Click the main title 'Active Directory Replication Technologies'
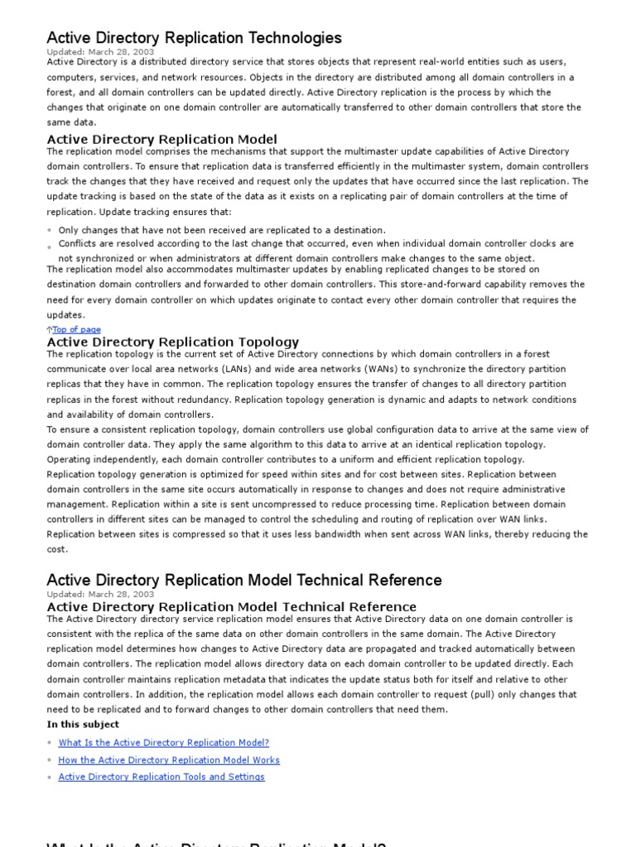coord(194,37)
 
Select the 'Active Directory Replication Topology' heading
coord(173,342)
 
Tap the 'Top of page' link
coord(77,329)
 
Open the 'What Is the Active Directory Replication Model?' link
coord(163,743)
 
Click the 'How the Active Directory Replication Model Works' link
coord(169,759)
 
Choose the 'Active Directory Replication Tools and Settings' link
coord(161,777)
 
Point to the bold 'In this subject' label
coord(83,725)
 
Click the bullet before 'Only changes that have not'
coord(50,230)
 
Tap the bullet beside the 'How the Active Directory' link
coord(50,760)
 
